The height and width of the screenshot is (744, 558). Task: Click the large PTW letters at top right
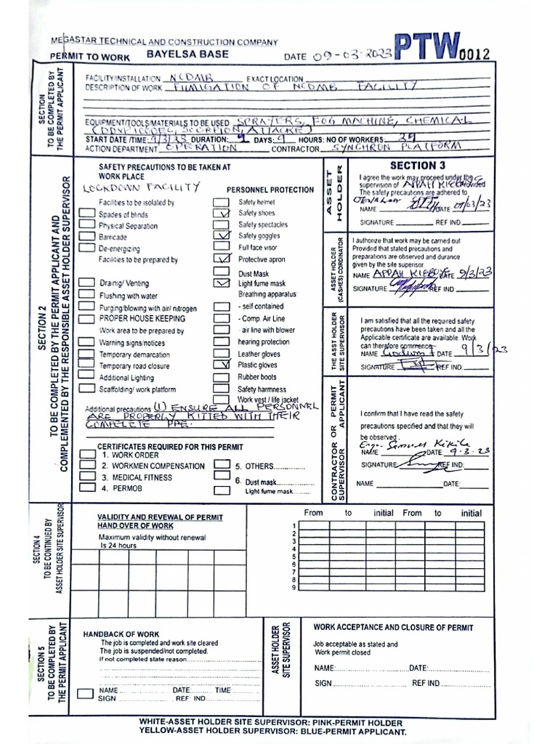pos(428,47)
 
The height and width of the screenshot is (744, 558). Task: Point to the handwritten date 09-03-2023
pos(351,56)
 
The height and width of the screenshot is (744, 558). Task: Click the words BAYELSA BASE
pos(187,54)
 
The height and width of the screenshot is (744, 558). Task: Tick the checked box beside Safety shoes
pos(221,214)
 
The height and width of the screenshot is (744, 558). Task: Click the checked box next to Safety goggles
pos(221,236)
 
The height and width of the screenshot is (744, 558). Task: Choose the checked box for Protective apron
pos(221,259)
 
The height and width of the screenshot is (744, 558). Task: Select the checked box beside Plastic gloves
pos(221,365)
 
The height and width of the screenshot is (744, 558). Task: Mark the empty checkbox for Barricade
pos(86,237)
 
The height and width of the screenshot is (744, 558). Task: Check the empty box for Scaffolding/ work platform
pos(86,389)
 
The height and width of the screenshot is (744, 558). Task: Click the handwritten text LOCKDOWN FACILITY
pos(141,187)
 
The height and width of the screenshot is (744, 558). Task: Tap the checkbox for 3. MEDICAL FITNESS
pos(86,477)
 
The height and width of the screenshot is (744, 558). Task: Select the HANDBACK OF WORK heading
pos(121,634)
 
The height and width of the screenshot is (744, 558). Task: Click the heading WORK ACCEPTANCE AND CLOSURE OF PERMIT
pos(393,627)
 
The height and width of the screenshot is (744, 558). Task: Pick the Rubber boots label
pos(257,377)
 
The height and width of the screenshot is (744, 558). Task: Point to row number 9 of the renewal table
pos(294,587)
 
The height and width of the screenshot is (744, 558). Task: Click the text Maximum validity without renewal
pos(152,538)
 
